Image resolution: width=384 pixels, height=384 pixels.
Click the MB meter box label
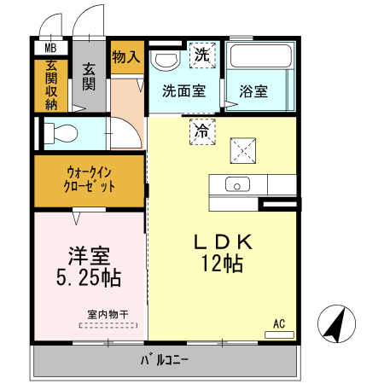coord(50,49)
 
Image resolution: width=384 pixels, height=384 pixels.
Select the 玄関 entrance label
coord(88,77)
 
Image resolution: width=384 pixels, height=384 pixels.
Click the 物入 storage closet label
coord(125,56)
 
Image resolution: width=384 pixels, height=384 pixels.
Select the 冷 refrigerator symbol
coord(202,131)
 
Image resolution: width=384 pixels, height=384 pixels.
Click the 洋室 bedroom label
coord(88,254)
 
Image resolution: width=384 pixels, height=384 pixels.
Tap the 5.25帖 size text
coord(88,277)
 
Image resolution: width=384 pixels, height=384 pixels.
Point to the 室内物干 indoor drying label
coord(107,313)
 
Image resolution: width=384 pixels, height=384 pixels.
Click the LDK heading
coord(222,241)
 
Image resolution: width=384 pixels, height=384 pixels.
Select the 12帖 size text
coord(222,264)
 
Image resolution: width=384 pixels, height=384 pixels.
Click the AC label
coord(278,323)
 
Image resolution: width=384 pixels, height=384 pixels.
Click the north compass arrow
coord(335,324)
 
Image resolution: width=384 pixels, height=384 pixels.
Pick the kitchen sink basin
coord(236,184)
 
